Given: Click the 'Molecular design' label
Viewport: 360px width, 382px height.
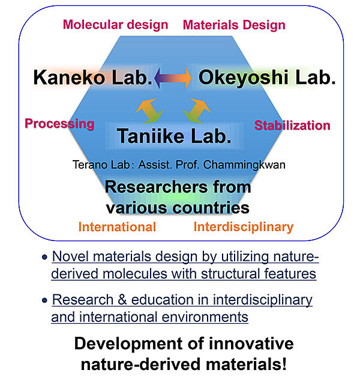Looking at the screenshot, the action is coord(116,25).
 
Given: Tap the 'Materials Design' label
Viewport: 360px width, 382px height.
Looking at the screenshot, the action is coord(234,25).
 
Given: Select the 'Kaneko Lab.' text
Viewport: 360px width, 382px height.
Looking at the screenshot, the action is coord(93,77).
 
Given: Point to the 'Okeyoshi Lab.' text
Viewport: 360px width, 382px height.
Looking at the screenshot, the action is coord(267,78).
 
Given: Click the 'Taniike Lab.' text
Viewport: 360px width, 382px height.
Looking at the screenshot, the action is coord(174,136).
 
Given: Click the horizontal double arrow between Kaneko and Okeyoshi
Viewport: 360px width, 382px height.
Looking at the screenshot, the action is coord(173,78).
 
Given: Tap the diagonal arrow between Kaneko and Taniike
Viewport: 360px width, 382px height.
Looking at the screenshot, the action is coord(149,111).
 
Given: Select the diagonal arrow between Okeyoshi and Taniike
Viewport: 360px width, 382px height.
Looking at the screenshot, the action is coord(197,111).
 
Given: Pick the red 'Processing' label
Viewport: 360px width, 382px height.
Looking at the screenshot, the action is coord(59,124).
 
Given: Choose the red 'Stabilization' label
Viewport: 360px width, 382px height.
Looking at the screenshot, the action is coord(292,125).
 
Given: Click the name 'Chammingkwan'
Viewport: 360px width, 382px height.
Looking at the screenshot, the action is coord(244,165).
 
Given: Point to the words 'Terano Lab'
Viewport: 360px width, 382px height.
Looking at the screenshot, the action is coord(101,165).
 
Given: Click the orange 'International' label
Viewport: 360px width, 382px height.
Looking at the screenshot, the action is coord(117,227).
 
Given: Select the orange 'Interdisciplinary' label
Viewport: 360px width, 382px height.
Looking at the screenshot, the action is coord(244,227).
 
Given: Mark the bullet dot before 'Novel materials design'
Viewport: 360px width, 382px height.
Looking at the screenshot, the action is coord(44,257).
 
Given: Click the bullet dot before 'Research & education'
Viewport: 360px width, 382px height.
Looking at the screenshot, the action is coord(44,300).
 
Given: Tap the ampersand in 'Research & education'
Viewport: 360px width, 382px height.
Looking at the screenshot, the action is coord(122,300).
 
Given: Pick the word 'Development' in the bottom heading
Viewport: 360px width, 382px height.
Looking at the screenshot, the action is coord(128,344).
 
